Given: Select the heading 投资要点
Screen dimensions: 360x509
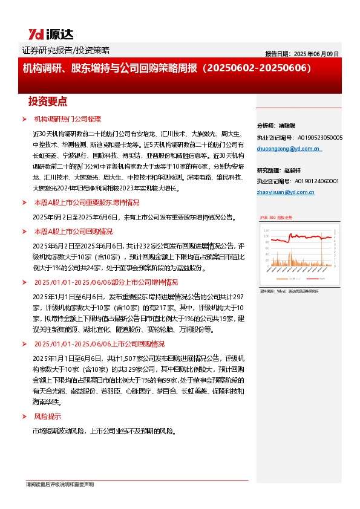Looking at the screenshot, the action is click(x=48, y=102).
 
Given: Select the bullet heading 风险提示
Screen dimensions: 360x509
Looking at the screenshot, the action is click(x=47, y=417).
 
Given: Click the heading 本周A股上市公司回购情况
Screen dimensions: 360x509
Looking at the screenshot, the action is click(x=73, y=231).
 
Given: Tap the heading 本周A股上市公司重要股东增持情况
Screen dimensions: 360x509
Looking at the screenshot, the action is click(x=87, y=203).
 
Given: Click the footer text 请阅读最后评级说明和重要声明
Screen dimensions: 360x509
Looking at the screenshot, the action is click(x=59, y=485).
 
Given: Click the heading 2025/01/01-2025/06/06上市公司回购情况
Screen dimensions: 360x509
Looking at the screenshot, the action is click(x=99, y=344).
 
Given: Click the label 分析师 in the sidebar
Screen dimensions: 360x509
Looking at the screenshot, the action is click(x=267, y=126).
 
